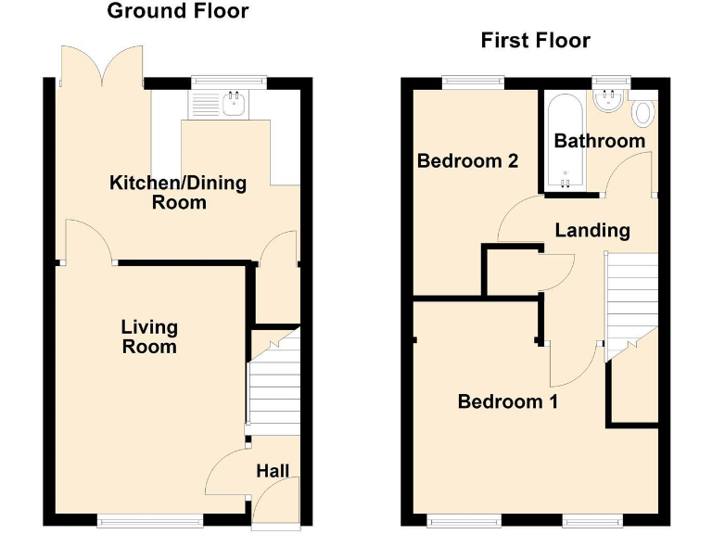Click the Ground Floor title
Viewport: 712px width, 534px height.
click(x=178, y=11)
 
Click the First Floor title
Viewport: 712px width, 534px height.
click(x=535, y=41)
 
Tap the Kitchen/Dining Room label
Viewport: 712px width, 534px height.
click(x=179, y=192)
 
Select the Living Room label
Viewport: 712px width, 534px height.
click(x=149, y=337)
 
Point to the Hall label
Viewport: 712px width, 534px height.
click(x=273, y=472)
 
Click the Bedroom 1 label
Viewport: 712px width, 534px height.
click(x=508, y=401)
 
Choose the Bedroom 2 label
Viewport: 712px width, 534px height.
click(x=467, y=160)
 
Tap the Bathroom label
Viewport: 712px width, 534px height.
click(x=599, y=141)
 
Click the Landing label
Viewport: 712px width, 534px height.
click(x=592, y=230)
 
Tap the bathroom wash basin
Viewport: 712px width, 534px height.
click(x=608, y=97)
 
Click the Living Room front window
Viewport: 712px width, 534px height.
click(x=150, y=522)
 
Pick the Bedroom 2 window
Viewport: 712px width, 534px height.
click(x=473, y=82)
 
